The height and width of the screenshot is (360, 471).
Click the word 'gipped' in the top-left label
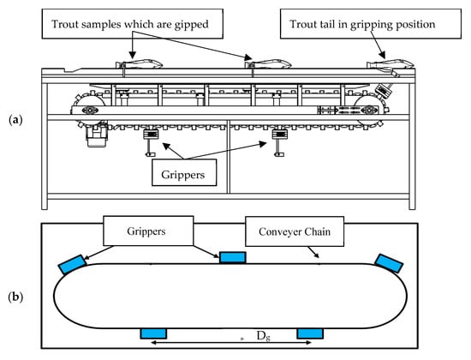click(191, 25)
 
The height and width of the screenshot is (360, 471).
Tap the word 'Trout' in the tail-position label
click(301, 24)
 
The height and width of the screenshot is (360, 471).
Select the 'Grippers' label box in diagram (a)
click(184, 172)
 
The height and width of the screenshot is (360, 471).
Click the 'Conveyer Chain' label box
click(295, 231)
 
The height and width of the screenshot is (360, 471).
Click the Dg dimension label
click(264, 336)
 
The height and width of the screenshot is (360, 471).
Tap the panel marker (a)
click(15, 120)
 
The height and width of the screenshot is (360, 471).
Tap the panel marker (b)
click(15, 297)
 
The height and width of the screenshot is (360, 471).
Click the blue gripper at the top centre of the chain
click(233, 258)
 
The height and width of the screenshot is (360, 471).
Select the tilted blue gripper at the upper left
click(72, 264)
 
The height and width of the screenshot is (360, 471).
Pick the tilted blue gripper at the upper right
click(390, 263)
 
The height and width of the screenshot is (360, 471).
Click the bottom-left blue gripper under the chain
click(153, 333)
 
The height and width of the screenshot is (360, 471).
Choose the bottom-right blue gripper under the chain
click(310, 333)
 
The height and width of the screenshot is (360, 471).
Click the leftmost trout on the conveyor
click(140, 63)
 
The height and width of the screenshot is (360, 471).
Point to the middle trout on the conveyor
click(268, 64)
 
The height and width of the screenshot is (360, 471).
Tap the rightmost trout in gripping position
click(391, 64)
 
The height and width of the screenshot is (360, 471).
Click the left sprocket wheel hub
click(90, 110)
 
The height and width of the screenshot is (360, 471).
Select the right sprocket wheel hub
click(369, 110)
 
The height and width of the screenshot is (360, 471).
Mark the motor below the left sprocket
click(96, 135)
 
